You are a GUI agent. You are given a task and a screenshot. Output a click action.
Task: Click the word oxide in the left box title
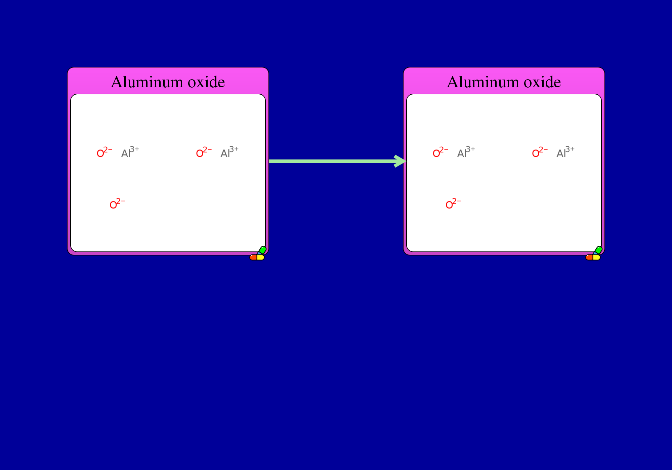pos(206,82)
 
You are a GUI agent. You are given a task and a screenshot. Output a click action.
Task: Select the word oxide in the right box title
pos(542,82)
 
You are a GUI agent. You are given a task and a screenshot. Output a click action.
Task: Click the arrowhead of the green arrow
pos(401,161)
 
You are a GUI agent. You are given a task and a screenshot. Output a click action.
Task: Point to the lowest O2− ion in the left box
pos(118,203)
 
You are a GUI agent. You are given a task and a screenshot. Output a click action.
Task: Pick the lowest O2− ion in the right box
pos(454,203)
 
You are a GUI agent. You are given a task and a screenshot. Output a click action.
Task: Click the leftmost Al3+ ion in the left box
pos(130,152)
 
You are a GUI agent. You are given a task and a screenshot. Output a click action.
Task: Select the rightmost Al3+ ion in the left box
pos(229,152)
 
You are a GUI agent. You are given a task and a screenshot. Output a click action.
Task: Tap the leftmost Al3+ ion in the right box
pos(466,152)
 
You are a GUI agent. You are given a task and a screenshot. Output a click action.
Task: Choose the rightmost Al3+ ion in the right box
pos(565,152)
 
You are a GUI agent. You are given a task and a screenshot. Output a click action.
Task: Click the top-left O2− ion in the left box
pos(104,152)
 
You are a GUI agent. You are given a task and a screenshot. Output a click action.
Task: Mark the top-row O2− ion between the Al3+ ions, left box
pos(204,152)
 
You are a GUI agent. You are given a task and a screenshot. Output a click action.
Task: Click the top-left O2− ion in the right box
pos(440,152)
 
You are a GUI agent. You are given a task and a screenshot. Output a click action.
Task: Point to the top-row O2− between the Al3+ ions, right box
pos(540,152)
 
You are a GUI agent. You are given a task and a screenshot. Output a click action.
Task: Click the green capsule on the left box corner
pos(262,250)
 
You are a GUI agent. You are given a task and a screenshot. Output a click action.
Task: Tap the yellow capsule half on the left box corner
pos(261,257)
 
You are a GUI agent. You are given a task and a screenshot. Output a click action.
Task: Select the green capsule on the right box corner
pos(598,250)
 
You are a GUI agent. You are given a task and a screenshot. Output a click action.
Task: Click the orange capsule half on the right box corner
pos(589,257)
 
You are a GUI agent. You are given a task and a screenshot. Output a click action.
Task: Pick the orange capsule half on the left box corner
pos(253,257)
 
